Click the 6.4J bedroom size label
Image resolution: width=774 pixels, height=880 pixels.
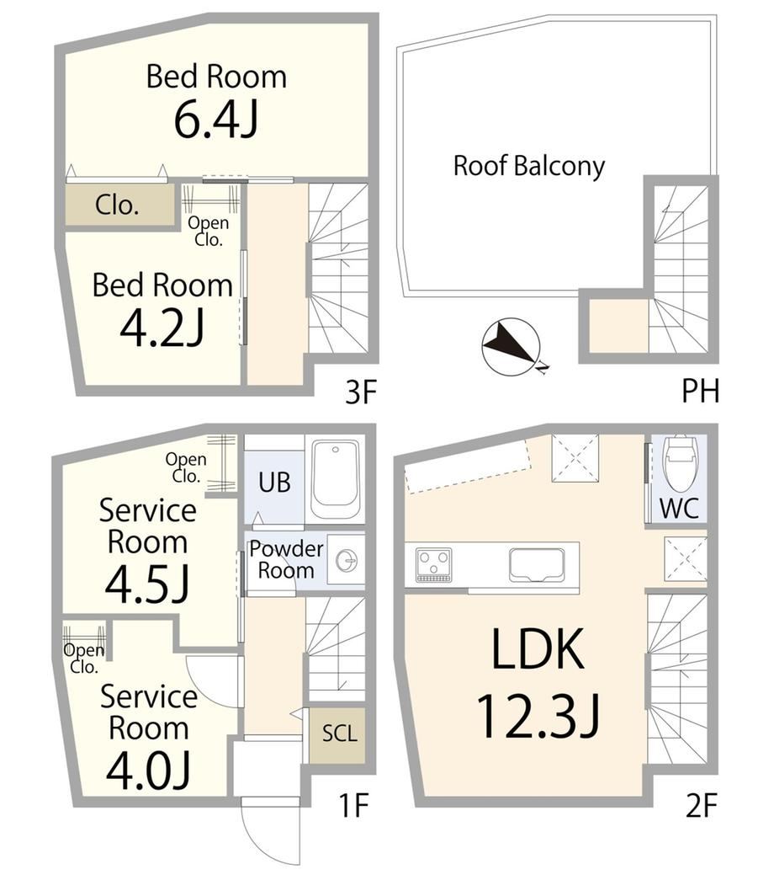click(216, 120)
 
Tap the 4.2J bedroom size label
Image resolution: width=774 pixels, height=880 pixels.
click(162, 328)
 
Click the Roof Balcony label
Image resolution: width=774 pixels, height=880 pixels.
click(529, 166)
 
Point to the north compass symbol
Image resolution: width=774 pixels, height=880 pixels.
click(512, 347)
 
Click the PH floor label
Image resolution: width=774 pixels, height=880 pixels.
click(699, 391)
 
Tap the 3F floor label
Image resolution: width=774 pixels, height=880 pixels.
click(360, 392)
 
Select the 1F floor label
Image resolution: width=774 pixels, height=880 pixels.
click(353, 806)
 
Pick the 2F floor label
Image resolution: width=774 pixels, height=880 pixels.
click(701, 807)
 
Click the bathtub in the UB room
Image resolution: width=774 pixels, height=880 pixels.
click(336, 479)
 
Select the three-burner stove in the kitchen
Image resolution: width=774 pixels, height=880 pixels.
click(433, 564)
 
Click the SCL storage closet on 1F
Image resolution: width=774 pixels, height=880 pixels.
click(339, 735)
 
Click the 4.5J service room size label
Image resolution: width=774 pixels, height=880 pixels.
click(146, 583)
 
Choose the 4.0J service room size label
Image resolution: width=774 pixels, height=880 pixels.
click(149, 770)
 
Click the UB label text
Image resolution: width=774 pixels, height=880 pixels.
click(274, 482)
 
